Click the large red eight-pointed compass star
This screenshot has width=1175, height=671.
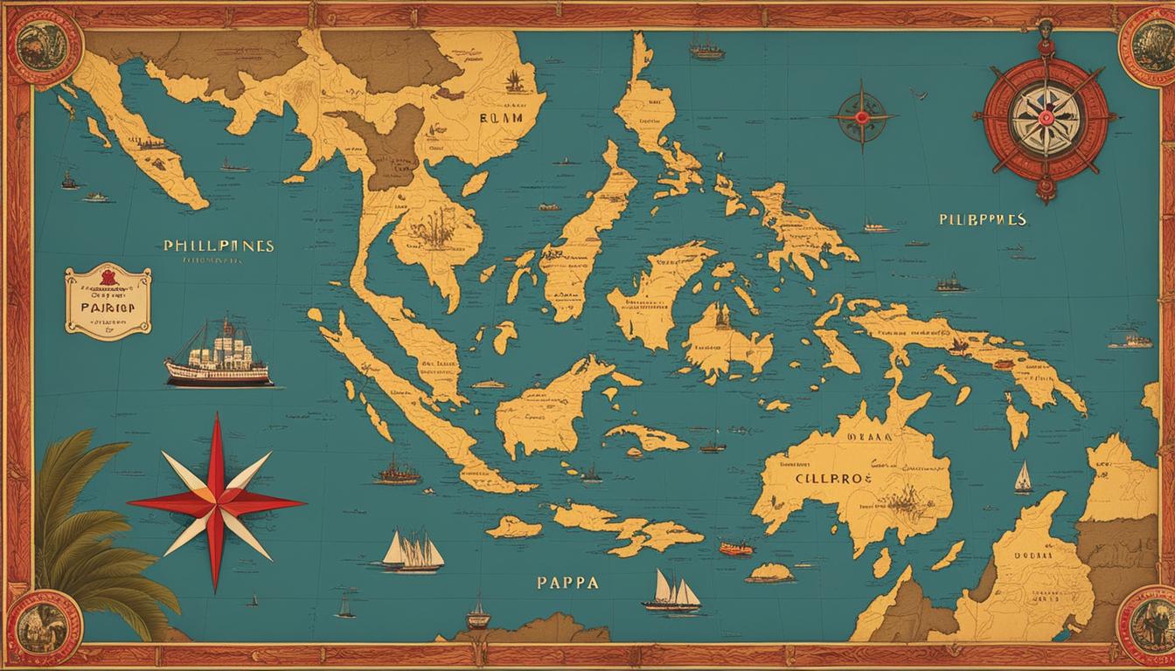(x=215, y=502)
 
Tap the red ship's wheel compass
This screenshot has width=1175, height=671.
(x=1046, y=116)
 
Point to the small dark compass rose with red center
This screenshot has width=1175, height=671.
(x=862, y=117)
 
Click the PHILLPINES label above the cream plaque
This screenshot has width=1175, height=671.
(x=219, y=246)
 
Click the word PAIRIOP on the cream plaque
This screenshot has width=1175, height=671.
(x=107, y=308)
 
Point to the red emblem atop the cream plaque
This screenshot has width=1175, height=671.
(x=108, y=279)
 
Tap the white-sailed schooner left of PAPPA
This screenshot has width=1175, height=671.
(x=413, y=551)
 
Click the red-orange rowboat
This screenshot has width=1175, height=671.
(x=736, y=548)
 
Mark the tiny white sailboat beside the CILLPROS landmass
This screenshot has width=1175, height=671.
(x=1022, y=478)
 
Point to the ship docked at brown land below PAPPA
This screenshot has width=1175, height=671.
(x=477, y=614)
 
